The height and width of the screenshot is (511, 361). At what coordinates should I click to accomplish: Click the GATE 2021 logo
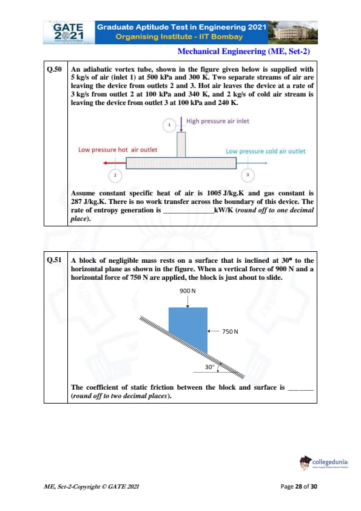69,32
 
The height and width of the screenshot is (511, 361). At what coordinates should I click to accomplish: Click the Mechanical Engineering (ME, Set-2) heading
243,51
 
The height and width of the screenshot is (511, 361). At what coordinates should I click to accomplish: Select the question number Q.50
55,69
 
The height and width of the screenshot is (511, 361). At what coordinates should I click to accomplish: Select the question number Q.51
55,260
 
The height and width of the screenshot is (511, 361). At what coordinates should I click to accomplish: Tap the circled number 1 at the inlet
169,125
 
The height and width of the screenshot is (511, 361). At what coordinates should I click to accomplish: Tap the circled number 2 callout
115,175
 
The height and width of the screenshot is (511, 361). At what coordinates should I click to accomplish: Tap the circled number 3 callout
248,175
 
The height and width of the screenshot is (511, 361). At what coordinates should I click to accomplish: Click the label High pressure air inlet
218,121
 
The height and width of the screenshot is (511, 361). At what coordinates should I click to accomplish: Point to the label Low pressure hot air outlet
118,149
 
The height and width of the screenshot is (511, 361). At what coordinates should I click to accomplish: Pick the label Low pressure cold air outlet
266,151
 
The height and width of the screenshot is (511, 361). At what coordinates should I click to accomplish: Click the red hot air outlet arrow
115,163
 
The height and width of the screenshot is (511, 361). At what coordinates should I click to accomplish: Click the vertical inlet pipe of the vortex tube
181,144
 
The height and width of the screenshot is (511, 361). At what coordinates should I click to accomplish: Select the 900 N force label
187,291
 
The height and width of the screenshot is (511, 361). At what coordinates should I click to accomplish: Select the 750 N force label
230,331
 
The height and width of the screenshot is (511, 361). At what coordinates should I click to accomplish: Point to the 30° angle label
210,367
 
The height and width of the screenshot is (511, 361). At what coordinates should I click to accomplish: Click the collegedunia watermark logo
324,463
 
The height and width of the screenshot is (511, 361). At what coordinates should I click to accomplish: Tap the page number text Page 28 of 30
299,487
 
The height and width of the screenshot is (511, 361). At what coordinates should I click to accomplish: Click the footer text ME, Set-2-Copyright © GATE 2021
92,487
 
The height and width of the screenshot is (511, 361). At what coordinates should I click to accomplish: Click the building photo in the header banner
292,32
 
